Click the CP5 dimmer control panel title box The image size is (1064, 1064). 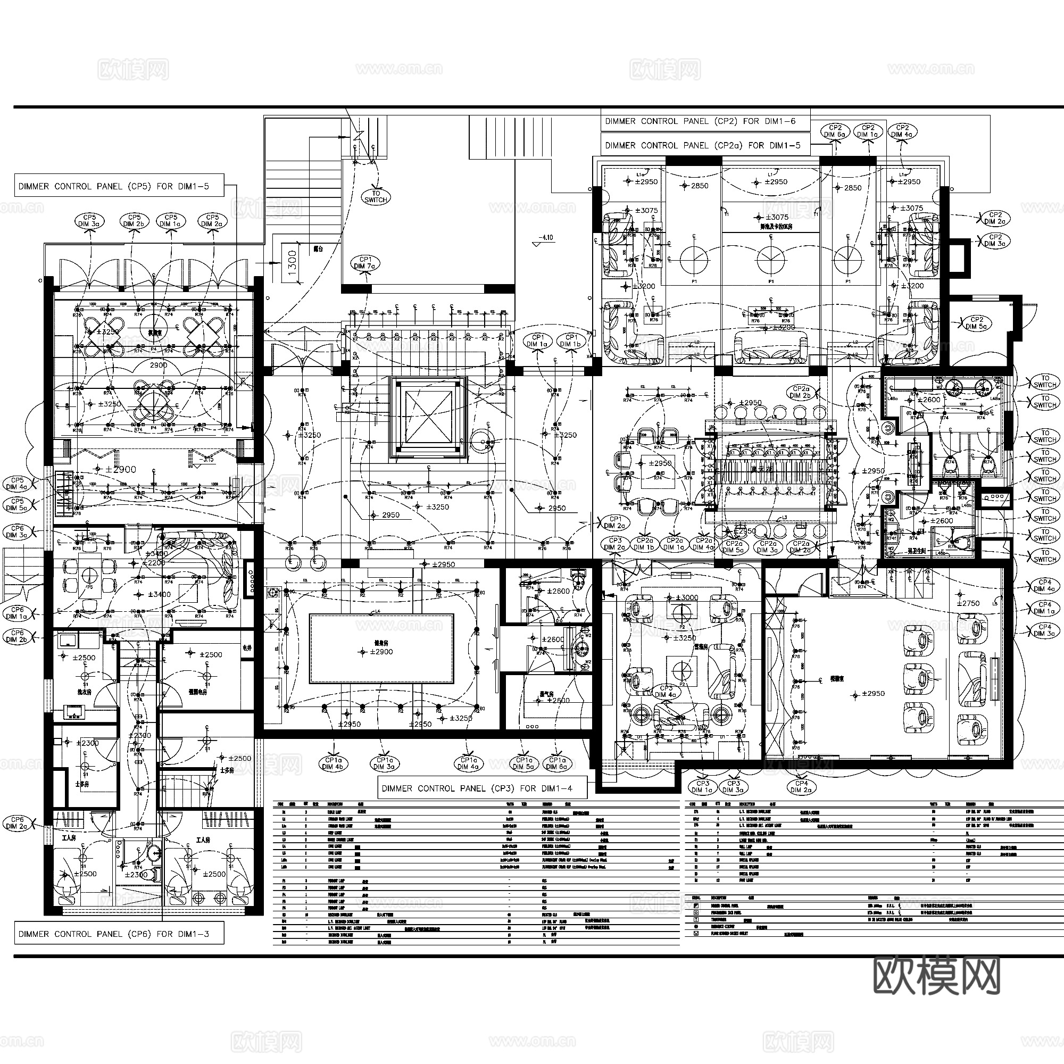(119, 186)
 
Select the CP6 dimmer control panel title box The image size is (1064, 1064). (119, 934)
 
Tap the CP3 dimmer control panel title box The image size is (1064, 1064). (482, 788)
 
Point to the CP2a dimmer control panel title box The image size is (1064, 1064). (705, 145)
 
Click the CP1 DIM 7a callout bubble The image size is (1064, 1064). (364, 263)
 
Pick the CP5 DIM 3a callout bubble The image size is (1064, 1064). (89, 221)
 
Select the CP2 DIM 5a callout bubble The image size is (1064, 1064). (976, 323)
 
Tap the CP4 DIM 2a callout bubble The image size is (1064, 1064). (801, 786)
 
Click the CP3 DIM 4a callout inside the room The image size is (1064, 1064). (666, 692)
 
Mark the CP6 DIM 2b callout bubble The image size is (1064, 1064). (18, 636)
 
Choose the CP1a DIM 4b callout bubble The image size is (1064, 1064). (332, 763)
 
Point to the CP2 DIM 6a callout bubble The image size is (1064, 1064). (835, 131)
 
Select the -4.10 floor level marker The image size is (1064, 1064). (545, 238)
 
